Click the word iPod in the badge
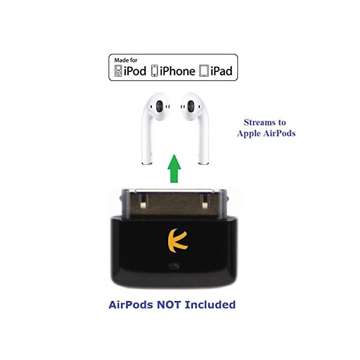(x=135, y=71)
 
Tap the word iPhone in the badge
(x=176, y=71)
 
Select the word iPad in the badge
(x=220, y=71)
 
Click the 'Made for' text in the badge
(x=125, y=60)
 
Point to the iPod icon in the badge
(x=118, y=71)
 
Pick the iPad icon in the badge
(x=203, y=71)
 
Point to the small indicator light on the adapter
(x=178, y=263)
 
